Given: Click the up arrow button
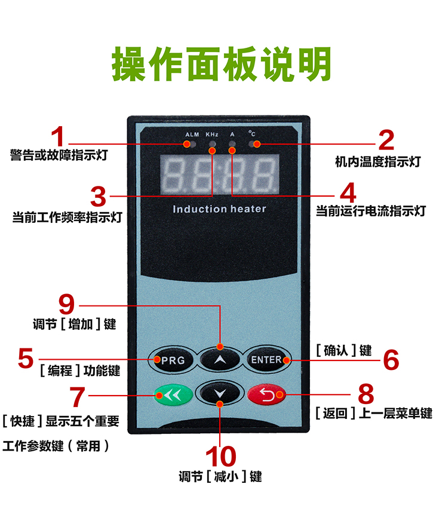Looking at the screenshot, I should tap(220, 360).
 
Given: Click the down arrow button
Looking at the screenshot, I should tap(220, 394).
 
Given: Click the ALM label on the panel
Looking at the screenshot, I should tap(192, 134).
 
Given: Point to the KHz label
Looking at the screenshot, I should tap(212, 134).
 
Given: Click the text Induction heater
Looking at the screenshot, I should tap(219, 209).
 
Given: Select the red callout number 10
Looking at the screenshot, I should tap(220, 457).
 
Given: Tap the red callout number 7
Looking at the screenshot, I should tap(78, 396).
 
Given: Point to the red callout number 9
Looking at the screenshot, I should tap(69, 304).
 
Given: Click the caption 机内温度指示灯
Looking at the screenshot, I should tap(377, 161).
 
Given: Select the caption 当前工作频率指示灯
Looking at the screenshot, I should tap(67, 218).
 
